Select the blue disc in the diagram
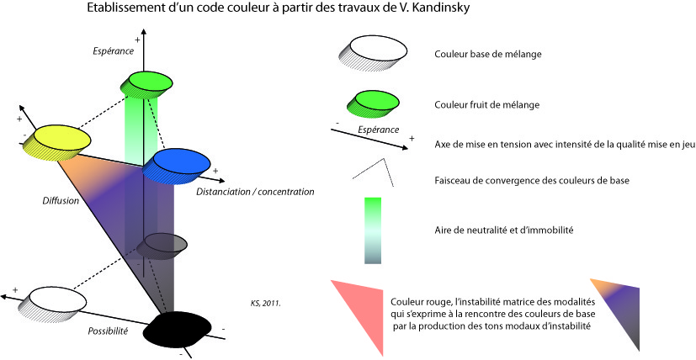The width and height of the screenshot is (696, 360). pos(178,162)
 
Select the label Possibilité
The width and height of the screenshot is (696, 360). pos(108,331)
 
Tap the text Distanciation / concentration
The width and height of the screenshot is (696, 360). pos(255,192)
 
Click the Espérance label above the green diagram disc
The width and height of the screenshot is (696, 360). pos(114,51)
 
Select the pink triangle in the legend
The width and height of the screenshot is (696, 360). pos(359,312)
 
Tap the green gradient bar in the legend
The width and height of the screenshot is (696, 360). pos(374,230)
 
